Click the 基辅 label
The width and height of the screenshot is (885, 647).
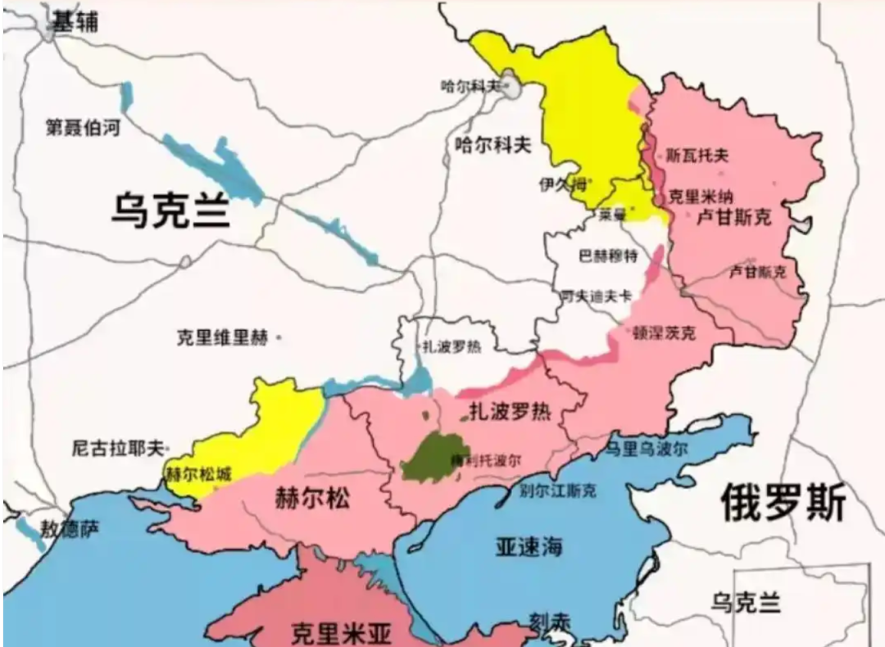(75, 23)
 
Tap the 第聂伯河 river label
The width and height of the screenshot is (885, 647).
(83, 127)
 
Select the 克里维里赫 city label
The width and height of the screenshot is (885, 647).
(222, 337)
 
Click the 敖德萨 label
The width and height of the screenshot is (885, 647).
(70, 530)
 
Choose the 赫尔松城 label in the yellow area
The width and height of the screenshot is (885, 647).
(198, 474)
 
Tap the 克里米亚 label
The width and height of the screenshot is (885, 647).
(342, 632)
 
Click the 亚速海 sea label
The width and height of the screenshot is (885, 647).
(529, 547)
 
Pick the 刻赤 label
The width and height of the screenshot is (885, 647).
(548, 622)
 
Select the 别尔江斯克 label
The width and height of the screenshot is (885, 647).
(558, 491)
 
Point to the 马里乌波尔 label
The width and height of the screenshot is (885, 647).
(647, 449)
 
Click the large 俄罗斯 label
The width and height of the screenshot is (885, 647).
(783, 502)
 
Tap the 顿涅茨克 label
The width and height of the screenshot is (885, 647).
(665, 333)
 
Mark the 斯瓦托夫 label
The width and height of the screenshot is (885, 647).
(697, 155)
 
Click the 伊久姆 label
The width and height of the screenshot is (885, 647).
(563, 184)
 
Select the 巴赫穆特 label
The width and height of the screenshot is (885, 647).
(608, 256)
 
